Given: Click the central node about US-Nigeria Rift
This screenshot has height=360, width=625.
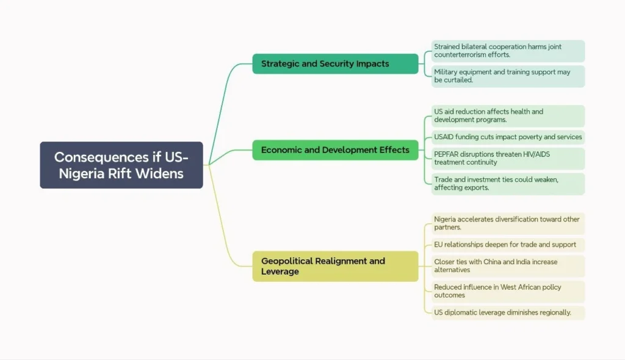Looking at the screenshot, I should tap(121, 165).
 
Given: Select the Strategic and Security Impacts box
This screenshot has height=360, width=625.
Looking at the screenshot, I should tap(335, 63).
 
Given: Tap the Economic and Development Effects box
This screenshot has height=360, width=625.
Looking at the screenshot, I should tap(335, 149).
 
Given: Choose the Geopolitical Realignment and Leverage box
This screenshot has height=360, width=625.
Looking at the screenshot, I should tap(335, 266).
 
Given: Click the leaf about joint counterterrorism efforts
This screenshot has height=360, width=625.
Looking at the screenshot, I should tap(507, 51).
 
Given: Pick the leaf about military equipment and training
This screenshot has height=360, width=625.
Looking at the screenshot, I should tap(507, 76).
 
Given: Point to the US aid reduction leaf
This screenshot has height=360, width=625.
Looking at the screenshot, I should tap(507, 116).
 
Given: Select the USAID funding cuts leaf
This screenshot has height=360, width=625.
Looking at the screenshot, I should tap(507, 137).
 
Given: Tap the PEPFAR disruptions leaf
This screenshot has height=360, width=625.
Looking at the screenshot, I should tap(507, 159).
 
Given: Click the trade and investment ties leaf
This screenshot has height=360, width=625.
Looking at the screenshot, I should tap(507, 184).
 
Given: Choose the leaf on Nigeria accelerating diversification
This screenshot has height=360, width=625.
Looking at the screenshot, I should tap(507, 223).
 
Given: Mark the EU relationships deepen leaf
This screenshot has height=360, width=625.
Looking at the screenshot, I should tap(507, 245).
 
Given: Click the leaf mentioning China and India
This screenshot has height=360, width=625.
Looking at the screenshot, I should tap(507, 266).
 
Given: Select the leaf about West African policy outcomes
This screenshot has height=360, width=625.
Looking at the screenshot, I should tap(507, 291).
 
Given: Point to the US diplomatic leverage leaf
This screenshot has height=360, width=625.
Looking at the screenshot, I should tap(507, 312).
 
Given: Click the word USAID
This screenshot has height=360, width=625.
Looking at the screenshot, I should tap(447, 137).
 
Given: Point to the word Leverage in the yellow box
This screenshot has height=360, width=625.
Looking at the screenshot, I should tap(280, 272).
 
